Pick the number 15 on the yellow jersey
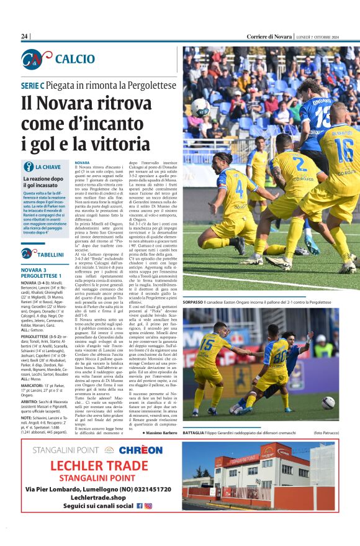coord(207,343)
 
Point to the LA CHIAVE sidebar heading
coord(48,167)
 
